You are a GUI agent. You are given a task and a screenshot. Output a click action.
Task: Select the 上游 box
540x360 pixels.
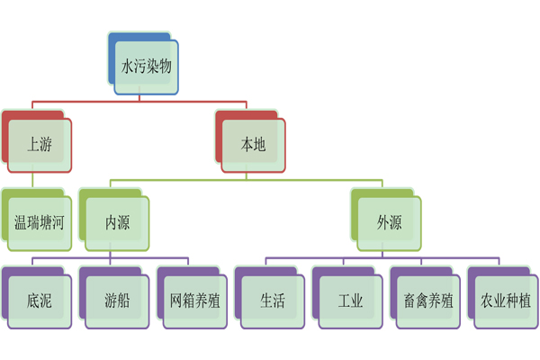coord(40,143)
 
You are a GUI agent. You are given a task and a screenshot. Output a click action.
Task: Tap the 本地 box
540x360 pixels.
coord(253,143)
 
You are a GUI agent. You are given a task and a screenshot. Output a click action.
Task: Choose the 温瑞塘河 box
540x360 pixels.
coord(40,221)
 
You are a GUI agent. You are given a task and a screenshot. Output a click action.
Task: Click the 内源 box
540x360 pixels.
coord(117,221)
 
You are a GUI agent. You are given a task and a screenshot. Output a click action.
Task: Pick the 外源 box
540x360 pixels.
coord(389,221)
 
